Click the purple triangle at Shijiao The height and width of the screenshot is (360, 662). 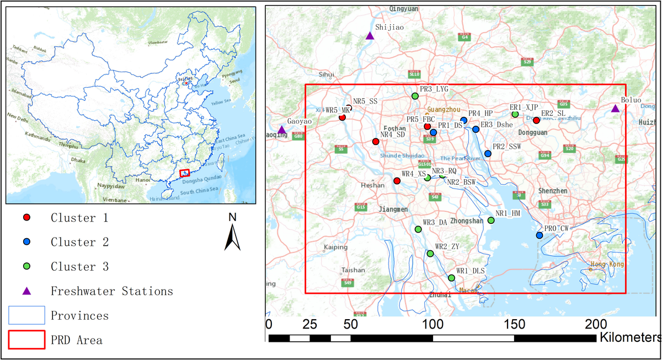(x=370, y=36)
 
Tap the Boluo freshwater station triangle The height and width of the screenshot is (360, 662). (x=615, y=109)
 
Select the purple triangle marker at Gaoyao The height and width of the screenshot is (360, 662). (x=281, y=130)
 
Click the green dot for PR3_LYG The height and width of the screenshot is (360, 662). (x=415, y=96)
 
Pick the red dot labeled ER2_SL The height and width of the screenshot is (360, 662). (x=536, y=120)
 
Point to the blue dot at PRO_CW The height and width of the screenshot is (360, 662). (x=539, y=235)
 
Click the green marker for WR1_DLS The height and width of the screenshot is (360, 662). (x=451, y=278)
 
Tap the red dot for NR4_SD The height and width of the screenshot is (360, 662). (x=376, y=142)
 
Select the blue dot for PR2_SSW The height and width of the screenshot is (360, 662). (x=488, y=153)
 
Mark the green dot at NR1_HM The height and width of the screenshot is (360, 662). (x=491, y=221)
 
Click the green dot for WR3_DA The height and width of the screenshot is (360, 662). (x=418, y=229)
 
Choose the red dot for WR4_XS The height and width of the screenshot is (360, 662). (x=397, y=181)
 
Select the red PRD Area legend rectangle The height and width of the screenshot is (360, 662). (x=26, y=340)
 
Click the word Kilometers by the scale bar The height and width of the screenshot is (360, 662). (x=629, y=336)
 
